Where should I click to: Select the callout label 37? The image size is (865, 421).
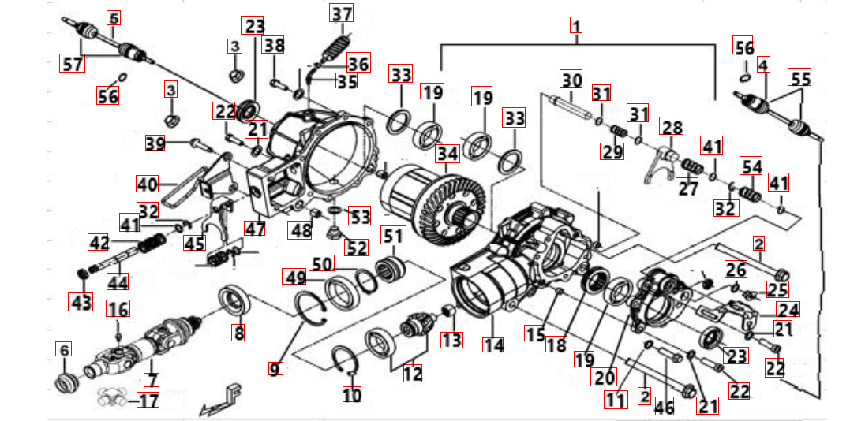click(x=342, y=13)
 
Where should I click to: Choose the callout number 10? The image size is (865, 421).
click(x=351, y=393)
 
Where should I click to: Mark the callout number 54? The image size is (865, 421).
click(x=751, y=166)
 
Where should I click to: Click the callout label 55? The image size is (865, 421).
click(x=800, y=78)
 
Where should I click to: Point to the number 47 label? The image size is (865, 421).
click(x=255, y=229)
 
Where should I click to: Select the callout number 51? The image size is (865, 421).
click(x=393, y=235)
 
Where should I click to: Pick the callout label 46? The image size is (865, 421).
click(x=665, y=406)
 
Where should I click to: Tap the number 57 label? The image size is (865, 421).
click(x=73, y=64)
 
